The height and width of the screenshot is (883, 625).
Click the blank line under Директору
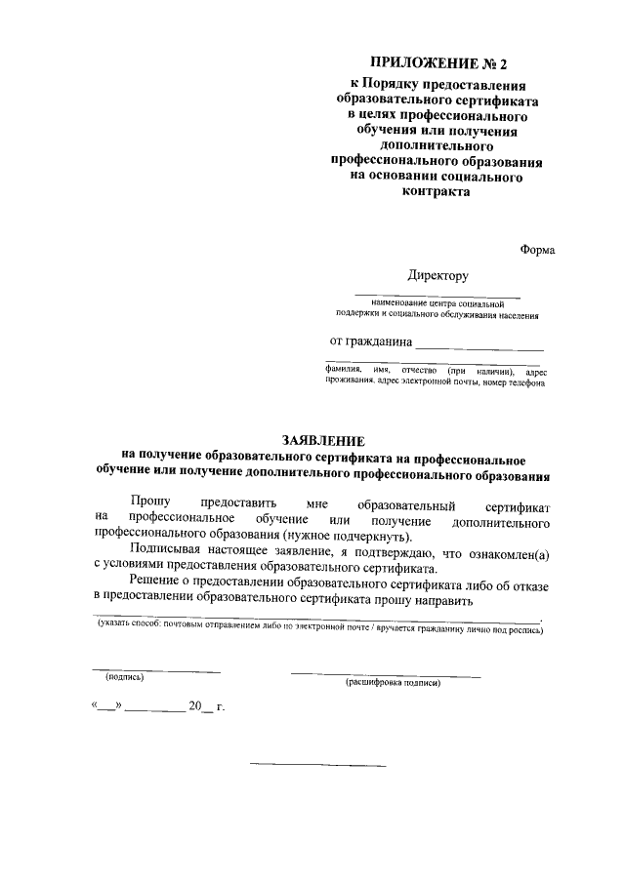(437, 296)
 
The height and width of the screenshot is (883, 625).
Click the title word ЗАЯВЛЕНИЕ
(321, 441)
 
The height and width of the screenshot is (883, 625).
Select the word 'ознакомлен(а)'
(508, 553)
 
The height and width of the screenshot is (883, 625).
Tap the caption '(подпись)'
(124, 677)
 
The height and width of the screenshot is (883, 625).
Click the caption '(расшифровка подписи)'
(393, 682)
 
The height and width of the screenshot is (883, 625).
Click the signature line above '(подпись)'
(156, 670)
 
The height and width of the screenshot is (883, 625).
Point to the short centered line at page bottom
(318, 764)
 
